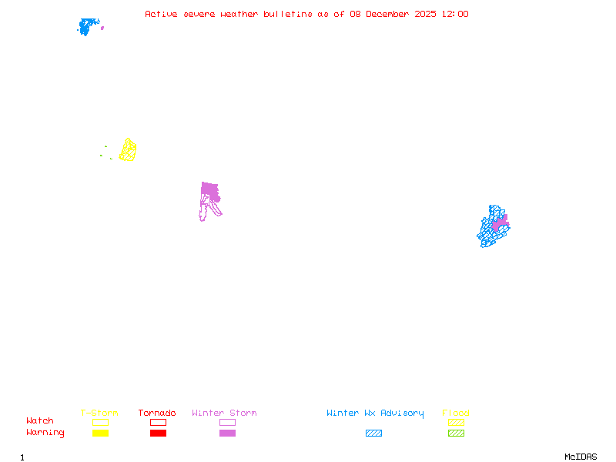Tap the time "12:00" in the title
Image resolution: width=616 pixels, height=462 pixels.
(x=454, y=14)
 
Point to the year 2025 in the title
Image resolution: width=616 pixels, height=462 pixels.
(x=424, y=14)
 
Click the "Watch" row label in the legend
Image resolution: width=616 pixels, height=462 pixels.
(x=40, y=421)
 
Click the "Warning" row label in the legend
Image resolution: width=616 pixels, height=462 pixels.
(x=45, y=433)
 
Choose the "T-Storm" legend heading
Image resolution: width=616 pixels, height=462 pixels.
(x=99, y=413)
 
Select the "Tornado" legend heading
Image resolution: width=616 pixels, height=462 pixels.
(x=157, y=413)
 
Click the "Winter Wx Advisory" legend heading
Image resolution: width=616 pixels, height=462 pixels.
(x=375, y=413)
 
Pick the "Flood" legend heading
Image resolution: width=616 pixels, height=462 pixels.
(x=456, y=413)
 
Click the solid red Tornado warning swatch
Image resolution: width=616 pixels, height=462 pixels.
(x=158, y=434)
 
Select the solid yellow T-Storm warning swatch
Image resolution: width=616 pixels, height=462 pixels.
(x=100, y=434)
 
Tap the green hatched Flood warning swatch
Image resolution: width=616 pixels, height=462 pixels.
(x=456, y=434)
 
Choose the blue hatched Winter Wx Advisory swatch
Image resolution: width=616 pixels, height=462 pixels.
(x=373, y=434)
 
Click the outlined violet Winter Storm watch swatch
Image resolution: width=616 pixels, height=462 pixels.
(x=227, y=422)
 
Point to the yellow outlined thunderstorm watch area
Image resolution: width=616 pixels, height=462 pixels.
(x=128, y=150)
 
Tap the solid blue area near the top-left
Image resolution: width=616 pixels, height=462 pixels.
(x=87, y=26)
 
